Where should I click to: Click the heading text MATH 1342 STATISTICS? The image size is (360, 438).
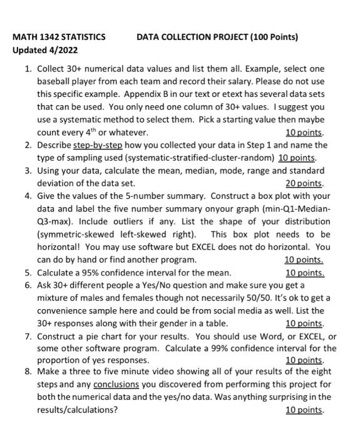pyautogui.click(x=59, y=37)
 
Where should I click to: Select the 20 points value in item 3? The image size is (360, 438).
pyautogui.click(x=305, y=183)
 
